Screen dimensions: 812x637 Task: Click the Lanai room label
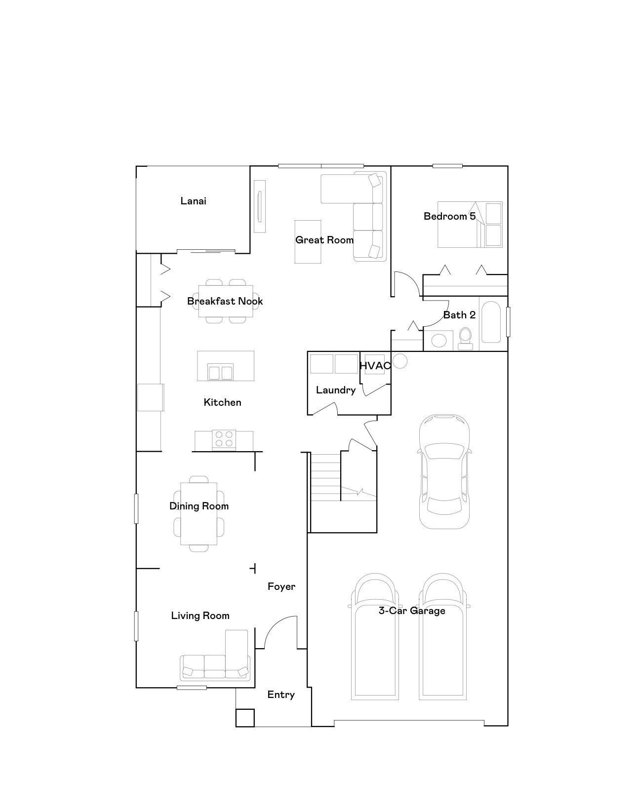coord(193,201)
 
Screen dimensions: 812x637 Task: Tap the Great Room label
coord(324,240)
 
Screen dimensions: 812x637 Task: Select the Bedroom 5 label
coord(449,216)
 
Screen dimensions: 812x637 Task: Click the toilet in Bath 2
coord(465,338)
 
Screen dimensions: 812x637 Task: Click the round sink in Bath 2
coord(438,341)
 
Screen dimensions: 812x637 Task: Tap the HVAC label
coord(375,366)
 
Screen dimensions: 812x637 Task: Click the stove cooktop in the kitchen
coord(224,439)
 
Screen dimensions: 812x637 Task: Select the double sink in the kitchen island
coord(220,372)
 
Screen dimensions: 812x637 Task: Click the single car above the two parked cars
coord(444,471)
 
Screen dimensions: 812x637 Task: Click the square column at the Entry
coord(245,718)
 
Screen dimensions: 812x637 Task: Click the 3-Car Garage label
coord(412,611)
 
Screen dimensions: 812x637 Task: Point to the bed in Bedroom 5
coord(469,225)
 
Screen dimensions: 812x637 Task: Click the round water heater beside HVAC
coord(400,361)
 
